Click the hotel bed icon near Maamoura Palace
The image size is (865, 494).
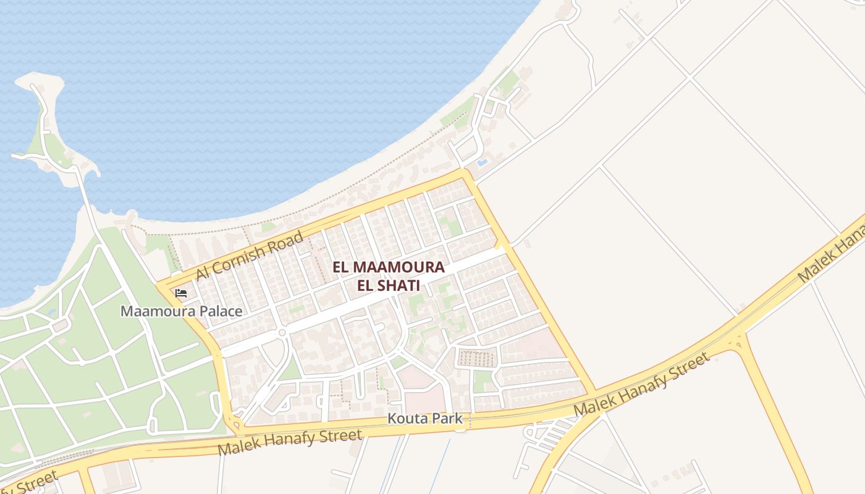pyautogui.click(x=181, y=293)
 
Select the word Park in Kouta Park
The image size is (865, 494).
pyautogui.click(x=447, y=419)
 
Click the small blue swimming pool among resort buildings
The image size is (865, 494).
pyautogui.click(x=482, y=162)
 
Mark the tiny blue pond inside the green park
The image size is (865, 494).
pyautogui.click(x=51, y=312)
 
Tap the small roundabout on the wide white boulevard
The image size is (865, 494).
pyautogui.click(x=282, y=333)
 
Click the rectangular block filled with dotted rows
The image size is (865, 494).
pyautogui.click(x=476, y=358)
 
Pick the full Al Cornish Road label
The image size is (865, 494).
pyautogui.click(x=250, y=256)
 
